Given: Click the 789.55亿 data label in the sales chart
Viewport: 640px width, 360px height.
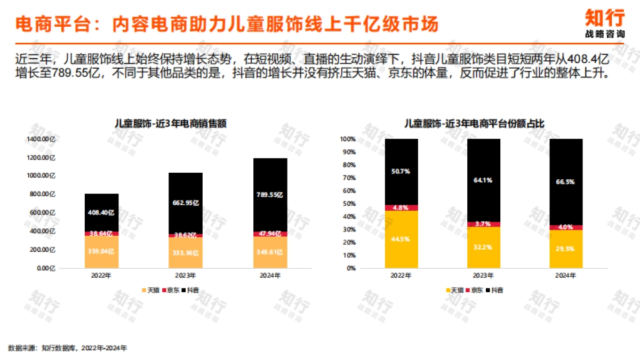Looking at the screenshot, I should [271, 195].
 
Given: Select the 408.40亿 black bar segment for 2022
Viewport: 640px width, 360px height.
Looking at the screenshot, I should [102, 212].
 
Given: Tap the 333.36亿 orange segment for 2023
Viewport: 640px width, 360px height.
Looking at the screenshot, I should [186, 253].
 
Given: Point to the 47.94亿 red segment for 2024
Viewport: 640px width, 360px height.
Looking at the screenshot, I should [271, 234].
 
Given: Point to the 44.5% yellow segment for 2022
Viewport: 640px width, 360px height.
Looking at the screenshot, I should [401, 239].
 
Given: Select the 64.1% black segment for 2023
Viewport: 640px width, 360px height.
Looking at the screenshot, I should [484, 180].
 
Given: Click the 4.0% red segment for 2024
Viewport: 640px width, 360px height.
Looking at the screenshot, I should [566, 227].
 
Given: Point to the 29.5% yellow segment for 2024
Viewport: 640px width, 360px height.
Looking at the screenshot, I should [566, 249].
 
